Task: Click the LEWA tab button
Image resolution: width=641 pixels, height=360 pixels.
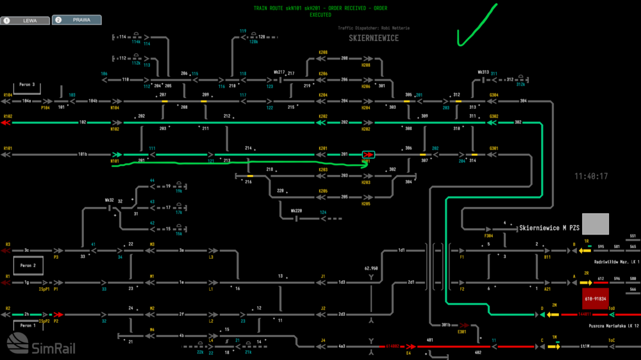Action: point(26,20)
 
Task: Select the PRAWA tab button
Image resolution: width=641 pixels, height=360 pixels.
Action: point(76,20)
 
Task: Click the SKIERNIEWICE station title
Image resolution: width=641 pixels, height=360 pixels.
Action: point(374,38)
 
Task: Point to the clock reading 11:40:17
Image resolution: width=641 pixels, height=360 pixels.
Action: point(591,176)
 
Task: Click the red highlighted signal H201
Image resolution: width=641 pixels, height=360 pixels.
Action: point(369,154)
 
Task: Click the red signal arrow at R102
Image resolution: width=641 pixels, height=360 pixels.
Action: point(7,122)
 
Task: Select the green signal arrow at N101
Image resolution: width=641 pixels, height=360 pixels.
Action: point(117,154)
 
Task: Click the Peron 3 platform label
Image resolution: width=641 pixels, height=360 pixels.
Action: point(27,85)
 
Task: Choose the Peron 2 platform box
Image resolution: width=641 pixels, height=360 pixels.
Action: point(27,265)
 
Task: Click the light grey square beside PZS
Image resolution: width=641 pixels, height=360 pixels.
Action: point(595,224)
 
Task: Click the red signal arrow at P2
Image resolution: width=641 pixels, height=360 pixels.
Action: point(57,315)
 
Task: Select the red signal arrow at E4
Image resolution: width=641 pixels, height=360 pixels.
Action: point(411,347)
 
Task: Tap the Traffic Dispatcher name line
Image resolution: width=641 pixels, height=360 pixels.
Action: point(374,28)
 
